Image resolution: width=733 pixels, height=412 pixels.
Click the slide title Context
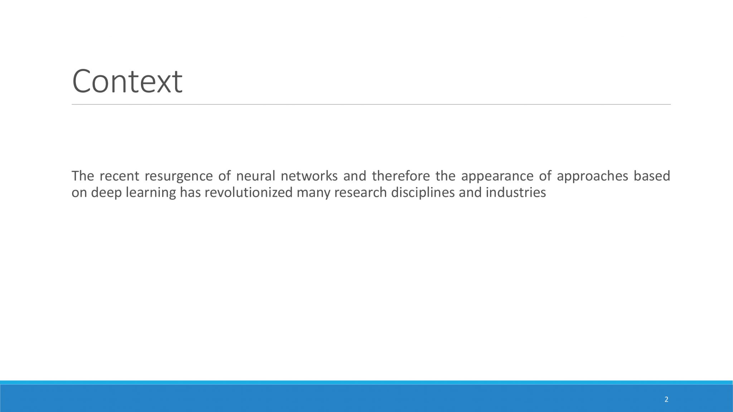127,81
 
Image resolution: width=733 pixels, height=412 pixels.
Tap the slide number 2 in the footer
666,399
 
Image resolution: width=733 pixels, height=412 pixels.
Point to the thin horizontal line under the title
371,104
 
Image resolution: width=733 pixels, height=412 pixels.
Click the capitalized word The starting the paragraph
83,176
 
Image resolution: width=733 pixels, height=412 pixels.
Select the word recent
120,176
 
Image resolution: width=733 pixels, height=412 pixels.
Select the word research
361,192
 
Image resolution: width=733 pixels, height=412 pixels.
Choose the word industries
516,192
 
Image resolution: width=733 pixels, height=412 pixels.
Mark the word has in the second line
190,192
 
